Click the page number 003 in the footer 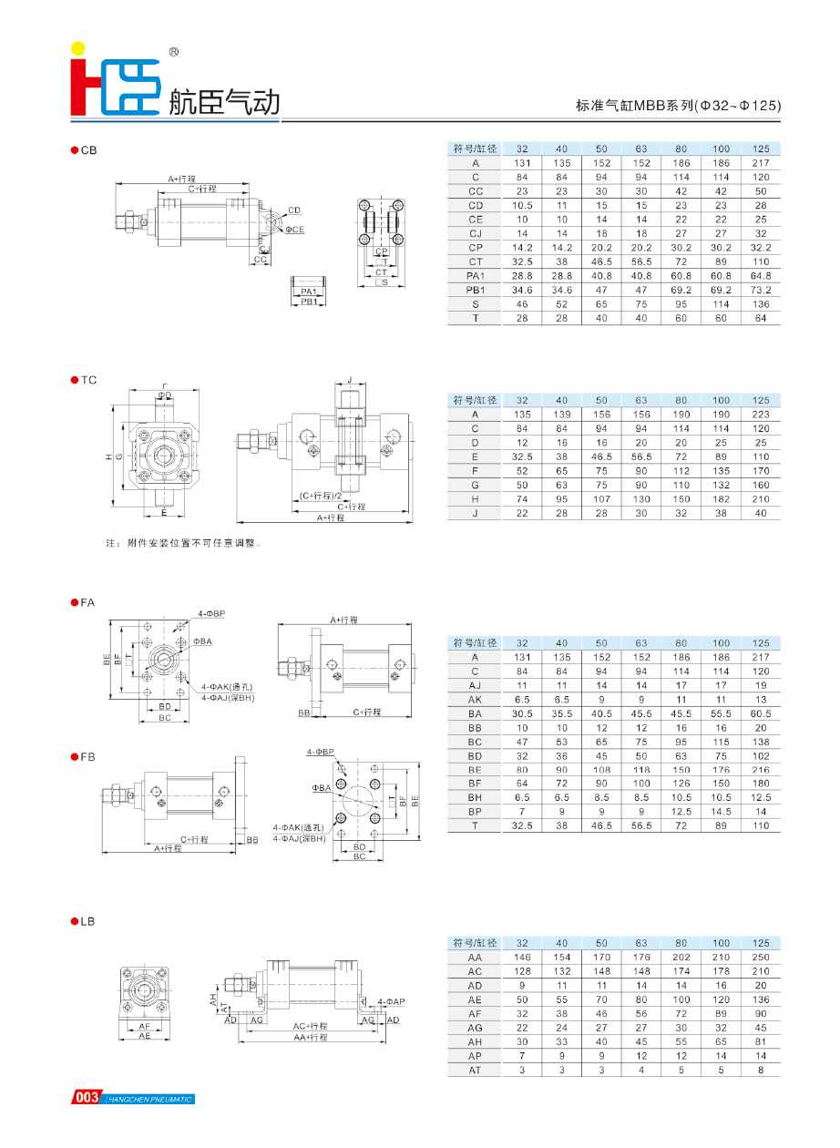[87, 1098]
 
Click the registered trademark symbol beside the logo [173, 53]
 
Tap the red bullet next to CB [74, 150]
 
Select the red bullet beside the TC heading [74, 380]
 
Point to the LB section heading [87, 921]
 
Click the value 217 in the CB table [761, 162]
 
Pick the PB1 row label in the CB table [475, 290]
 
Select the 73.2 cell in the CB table [761, 290]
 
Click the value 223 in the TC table [761, 414]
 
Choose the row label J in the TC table [475, 513]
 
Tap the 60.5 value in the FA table [761, 713]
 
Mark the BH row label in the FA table [475, 797]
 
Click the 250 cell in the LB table [761, 957]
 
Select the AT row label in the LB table [475, 1070]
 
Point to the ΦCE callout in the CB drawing [294, 230]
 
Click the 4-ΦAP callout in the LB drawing [390, 1001]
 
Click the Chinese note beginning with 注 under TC [183, 543]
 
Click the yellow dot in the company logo [78, 47]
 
